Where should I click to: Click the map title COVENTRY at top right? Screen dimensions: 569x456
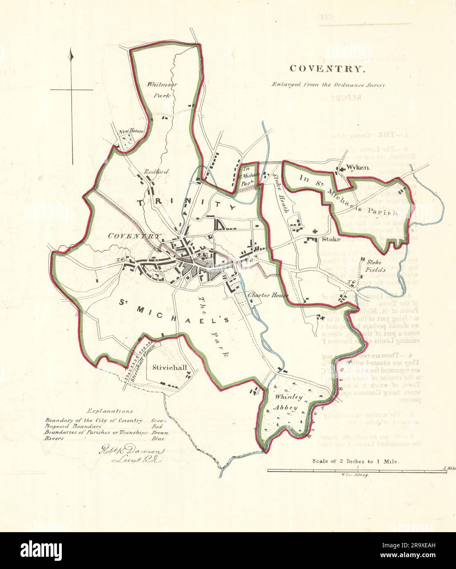pos(326,69)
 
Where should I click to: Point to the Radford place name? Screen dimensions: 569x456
pos(156,172)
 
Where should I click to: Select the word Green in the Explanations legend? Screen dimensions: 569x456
pos(159,420)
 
